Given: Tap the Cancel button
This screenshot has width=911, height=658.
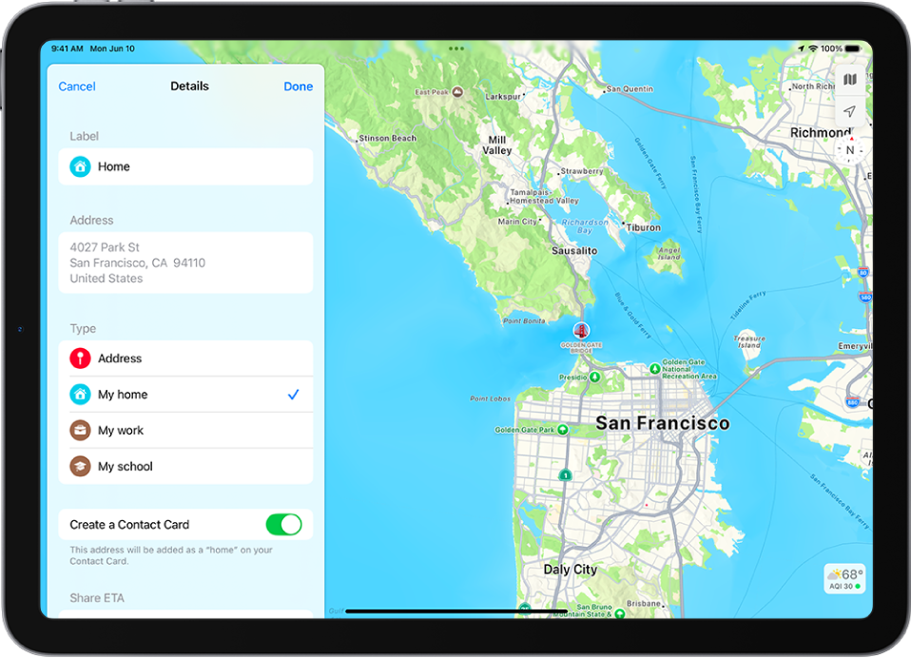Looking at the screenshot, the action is click(x=77, y=87).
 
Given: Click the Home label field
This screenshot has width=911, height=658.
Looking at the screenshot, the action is click(x=185, y=166).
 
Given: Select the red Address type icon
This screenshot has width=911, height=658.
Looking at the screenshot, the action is click(x=81, y=358).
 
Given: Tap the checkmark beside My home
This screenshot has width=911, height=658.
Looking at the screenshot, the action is click(x=293, y=395).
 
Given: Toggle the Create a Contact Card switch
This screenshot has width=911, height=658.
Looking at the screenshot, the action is click(x=283, y=524).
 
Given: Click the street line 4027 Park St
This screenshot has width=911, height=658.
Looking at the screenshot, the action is click(x=105, y=247).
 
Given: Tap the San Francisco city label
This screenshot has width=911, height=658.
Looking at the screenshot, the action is click(x=662, y=423).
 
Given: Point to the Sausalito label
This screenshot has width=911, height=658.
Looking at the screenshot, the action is click(x=574, y=251).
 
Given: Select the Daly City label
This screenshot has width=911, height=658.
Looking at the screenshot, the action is click(x=571, y=570).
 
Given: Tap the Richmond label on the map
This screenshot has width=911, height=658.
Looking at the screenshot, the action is click(x=821, y=133).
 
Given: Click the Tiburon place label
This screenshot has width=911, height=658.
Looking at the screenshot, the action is click(x=644, y=227).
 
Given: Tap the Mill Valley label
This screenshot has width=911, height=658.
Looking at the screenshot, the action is click(x=497, y=145).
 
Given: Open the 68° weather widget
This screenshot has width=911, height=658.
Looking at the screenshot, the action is click(x=844, y=578).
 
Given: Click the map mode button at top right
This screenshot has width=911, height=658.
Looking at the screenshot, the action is click(x=850, y=80).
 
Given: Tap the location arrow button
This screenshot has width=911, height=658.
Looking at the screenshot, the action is click(x=850, y=111).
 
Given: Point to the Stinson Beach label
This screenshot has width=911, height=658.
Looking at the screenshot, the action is click(x=387, y=138).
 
